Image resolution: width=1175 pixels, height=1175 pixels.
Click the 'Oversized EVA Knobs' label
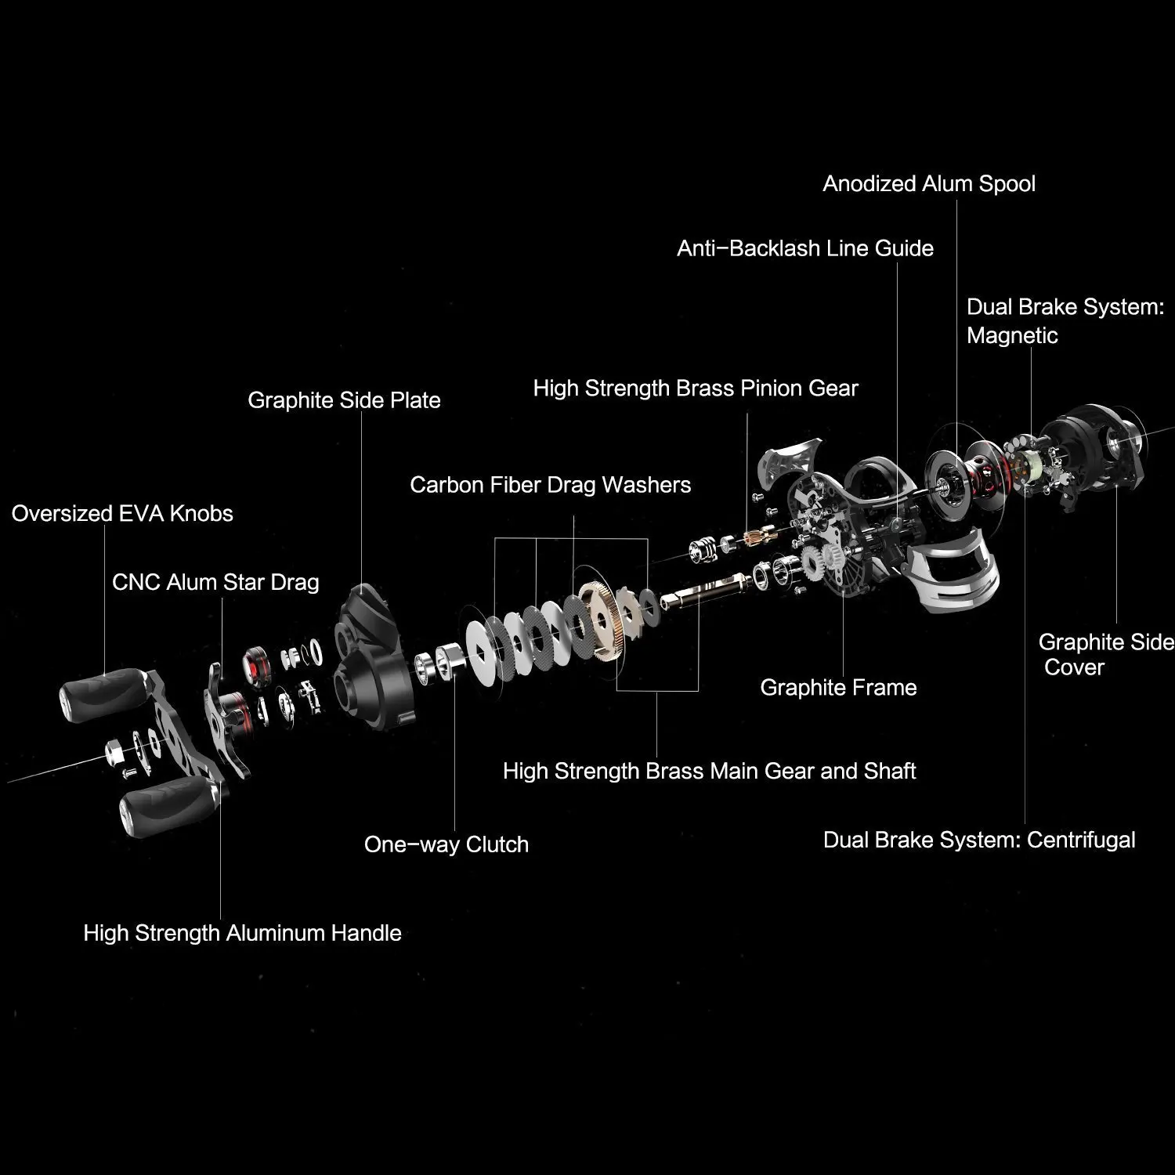pyautogui.click(x=122, y=514)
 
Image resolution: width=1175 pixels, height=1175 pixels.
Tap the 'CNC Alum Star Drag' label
pyautogui.click(x=215, y=583)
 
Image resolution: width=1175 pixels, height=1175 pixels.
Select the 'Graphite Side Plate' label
pyautogui.click(x=344, y=400)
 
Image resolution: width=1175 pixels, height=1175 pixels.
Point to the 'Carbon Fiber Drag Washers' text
pyautogui.click(x=550, y=485)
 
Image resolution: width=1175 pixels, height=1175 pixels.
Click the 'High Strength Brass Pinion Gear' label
pyautogui.click(x=696, y=389)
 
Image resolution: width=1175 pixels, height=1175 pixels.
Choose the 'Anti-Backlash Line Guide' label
pyautogui.click(x=805, y=248)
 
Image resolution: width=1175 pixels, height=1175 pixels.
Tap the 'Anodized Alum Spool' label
pyautogui.click(x=929, y=183)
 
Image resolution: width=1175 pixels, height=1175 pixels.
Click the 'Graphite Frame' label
pyautogui.click(x=838, y=688)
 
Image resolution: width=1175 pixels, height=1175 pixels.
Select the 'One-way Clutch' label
pyautogui.click(x=446, y=844)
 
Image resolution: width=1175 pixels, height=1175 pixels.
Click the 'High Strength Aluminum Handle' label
pyautogui.click(x=242, y=933)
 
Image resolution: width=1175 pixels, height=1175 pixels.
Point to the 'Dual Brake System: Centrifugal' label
pyautogui.click(x=979, y=841)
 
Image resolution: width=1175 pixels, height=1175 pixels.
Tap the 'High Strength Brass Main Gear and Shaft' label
pyautogui.click(x=709, y=772)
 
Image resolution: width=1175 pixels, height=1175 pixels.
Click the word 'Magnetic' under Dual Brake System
pyautogui.click(x=1012, y=336)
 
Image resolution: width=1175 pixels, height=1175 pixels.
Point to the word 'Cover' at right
pyautogui.click(x=1074, y=668)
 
